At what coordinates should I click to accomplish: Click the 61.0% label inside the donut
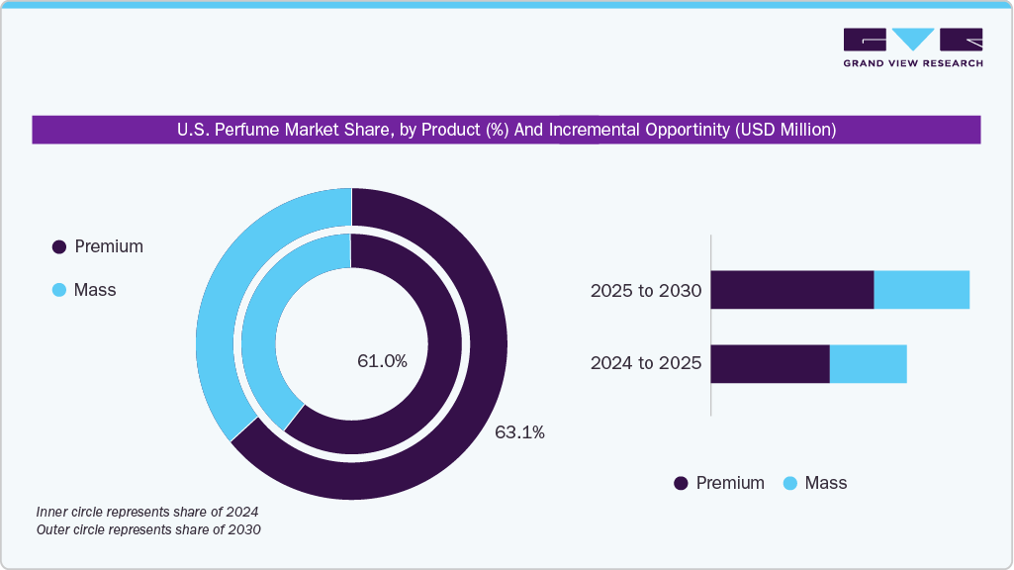point(382,361)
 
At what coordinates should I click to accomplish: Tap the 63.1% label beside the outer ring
point(519,431)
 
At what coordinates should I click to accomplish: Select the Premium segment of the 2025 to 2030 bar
point(791,289)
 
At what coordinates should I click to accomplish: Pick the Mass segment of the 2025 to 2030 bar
point(921,289)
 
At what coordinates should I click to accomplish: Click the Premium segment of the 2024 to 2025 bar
point(770,363)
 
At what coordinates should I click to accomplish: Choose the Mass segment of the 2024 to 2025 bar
point(868,363)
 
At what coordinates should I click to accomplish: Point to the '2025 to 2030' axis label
point(645,291)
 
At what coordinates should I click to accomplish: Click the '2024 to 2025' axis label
point(645,363)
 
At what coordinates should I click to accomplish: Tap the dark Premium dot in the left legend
point(58,247)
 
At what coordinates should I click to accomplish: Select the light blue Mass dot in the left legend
point(58,290)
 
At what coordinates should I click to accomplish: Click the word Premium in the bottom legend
point(730,483)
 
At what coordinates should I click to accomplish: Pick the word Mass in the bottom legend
point(826,483)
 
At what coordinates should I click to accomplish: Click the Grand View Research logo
point(912,47)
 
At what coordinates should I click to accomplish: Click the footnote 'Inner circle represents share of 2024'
point(146,512)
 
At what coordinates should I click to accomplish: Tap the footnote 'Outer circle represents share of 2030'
point(147,530)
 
